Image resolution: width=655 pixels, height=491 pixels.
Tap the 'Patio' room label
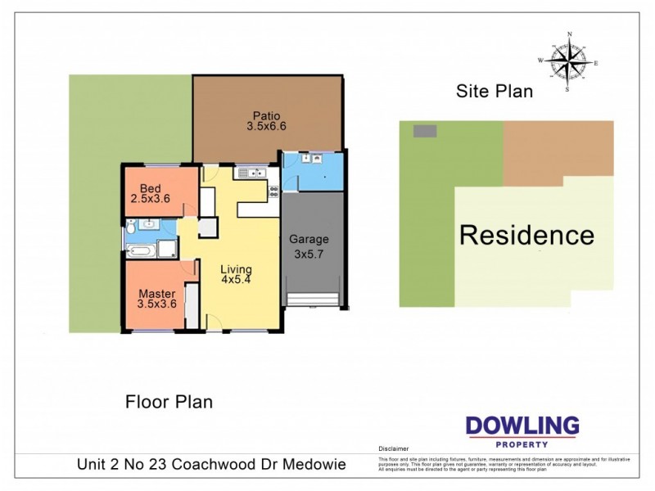point(266,115)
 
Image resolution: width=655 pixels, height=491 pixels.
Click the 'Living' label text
point(236,269)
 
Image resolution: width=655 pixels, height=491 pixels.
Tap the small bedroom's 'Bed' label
point(150,187)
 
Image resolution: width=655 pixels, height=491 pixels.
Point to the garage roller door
point(312,300)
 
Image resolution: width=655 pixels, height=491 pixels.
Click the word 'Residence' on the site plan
point(526,236)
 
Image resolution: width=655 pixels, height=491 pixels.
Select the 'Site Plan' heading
point(494,92)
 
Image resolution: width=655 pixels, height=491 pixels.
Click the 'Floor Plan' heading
point(169,402)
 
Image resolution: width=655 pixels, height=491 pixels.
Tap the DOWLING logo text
point(522,426)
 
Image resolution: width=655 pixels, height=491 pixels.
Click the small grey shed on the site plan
point(424,131)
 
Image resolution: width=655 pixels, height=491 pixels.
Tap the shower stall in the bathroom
point(168,250)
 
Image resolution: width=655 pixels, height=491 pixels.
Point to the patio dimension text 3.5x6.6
point(266,127)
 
